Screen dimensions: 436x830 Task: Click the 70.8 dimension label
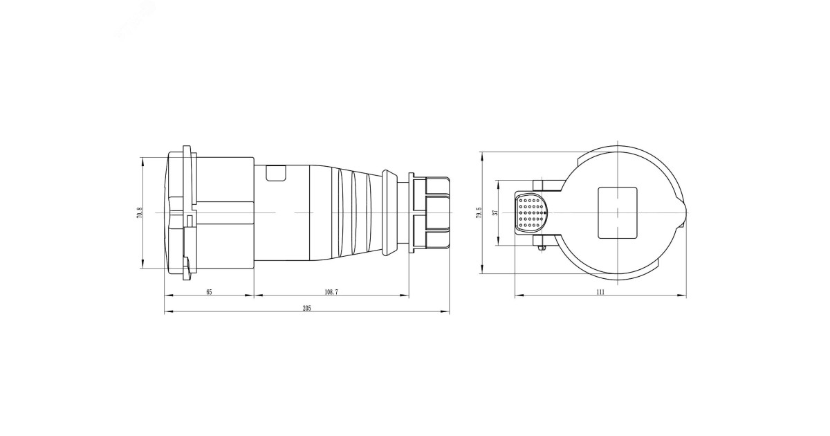140,214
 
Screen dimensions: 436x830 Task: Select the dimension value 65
209,292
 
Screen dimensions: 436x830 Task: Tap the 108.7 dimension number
331,292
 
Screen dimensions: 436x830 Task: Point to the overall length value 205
306,309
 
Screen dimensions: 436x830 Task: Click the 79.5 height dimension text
478,212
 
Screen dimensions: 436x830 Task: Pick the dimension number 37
495,212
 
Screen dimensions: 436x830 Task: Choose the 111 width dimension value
600,292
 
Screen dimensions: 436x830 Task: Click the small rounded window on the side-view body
276,173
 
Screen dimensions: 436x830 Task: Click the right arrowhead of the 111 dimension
684,296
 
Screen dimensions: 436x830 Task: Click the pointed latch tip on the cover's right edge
685,212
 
